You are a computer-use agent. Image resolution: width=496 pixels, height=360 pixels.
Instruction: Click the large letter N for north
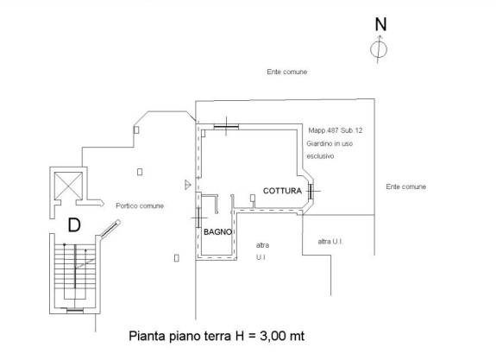pyautogui.click(x=381, y=24)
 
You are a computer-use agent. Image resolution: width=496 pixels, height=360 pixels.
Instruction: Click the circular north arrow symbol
pyautogui.click(x=379, y=49)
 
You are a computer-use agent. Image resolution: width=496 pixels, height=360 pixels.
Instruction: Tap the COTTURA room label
pyautogui.click(x=282, y=191)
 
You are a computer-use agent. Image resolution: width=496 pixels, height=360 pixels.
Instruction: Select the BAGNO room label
pyautogui.click(x=217, y=232)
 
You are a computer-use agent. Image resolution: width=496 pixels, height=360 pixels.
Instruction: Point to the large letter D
pyautogui.click(x=74, y=225)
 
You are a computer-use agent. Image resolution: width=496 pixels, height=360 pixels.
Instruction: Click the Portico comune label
pyautogui.click(x=140, y=205)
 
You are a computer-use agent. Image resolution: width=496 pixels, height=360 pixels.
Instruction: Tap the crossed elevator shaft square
pyautogui.click(x=68, y=186)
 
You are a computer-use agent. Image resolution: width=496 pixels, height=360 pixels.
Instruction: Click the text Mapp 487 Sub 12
pyautogui.click(x=336, y=130)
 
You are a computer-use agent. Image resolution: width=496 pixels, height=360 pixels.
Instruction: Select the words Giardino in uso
pyautogui.click(x=330, y=143)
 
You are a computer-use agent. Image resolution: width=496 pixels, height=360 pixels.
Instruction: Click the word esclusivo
pyautogui.click(x=320, y=156)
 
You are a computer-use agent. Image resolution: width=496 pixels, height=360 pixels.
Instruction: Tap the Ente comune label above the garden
pyautogui.click(x=287, y=72)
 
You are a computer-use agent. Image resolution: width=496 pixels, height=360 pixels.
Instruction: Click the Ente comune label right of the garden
pyautogui.click(x=405, y=186)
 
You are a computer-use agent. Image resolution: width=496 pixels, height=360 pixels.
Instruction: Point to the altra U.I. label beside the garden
pyautogui.click(x=330, y=242)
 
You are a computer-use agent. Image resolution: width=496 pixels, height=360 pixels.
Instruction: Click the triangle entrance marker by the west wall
pyautogui.click(x=188, y=185)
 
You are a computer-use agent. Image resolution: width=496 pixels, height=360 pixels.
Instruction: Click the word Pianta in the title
pyautogui.click(x=148, y=336)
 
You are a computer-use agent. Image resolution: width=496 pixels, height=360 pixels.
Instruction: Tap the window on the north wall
pyautogui.click(x=226, y=127)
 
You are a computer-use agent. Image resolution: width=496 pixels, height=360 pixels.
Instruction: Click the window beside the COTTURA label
pyautogui.click(x=311, y=191)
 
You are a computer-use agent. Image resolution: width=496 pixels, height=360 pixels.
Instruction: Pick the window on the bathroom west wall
pyautogui.click(x=198, y=218)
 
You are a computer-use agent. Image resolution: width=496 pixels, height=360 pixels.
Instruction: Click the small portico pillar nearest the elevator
pyautogui.click(x=140, y=172)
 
